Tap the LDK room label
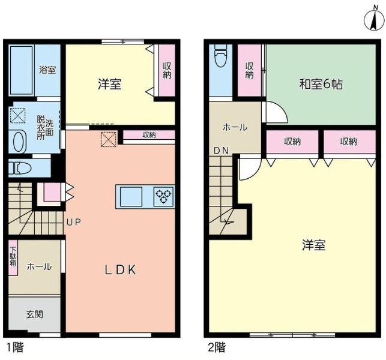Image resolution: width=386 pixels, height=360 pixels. click(120, 270)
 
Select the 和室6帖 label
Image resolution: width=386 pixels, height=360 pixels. click(321, 85)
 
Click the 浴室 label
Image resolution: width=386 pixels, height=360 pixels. click(47, 70)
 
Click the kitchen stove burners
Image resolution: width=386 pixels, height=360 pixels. click(163, 196)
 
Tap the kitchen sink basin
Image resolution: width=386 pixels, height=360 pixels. click(131, 196)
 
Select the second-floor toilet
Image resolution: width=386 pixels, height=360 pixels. click(220, 55)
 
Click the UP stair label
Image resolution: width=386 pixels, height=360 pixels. click(74, 222)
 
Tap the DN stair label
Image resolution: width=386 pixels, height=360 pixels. click(222, 151)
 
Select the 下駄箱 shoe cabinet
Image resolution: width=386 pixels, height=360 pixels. click(13, 257)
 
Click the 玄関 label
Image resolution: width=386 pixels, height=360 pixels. click(35, 314)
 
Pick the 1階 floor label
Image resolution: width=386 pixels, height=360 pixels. click(15, 347)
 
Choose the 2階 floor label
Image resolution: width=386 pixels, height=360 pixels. click(217, 347)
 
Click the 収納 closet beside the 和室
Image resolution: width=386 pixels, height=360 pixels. click(249, 70)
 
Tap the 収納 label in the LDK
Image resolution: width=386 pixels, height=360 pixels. click(149, 135)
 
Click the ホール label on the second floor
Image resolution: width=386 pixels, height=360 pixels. click(235, 127)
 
